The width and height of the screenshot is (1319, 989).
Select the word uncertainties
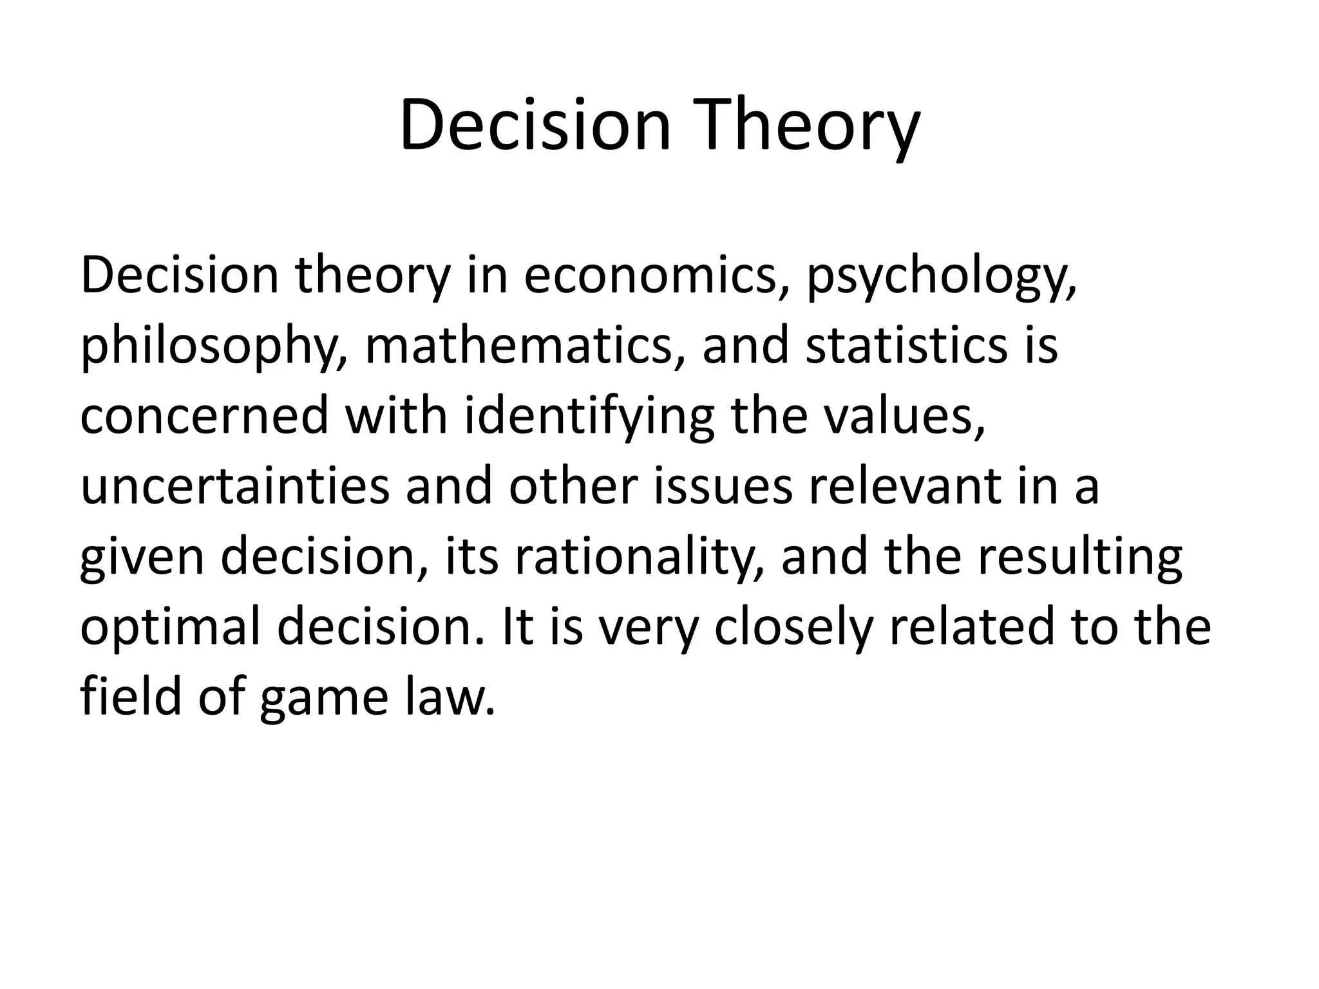(x=234, y=486)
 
